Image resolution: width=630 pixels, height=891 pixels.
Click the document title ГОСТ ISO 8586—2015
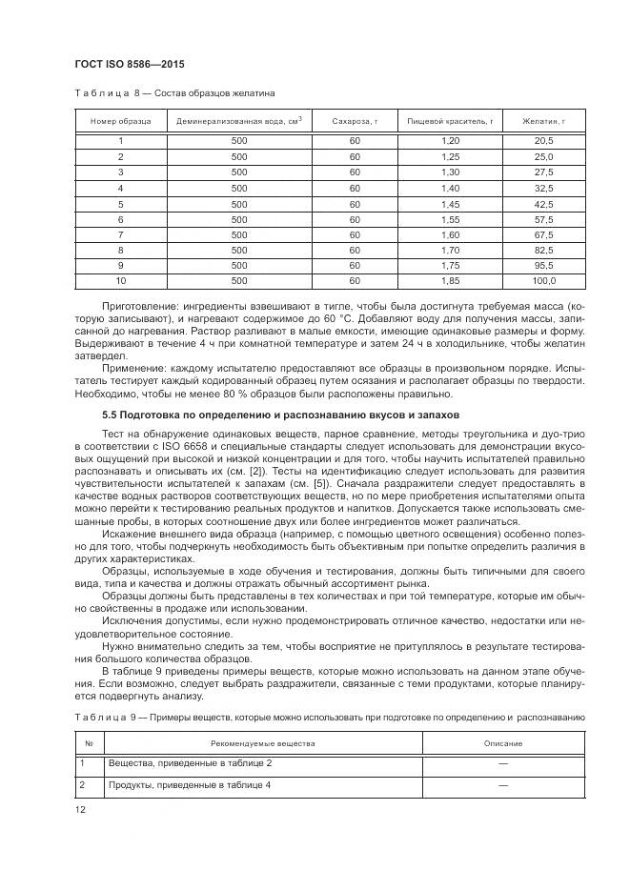(129, 64)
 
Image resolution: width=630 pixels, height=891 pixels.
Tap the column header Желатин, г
(543, 121)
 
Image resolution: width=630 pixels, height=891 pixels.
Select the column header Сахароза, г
(355, 121)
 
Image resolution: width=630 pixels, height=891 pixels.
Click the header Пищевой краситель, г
(450, 121)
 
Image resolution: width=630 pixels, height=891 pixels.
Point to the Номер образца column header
(120, 121)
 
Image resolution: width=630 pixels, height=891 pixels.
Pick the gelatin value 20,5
(543, 140)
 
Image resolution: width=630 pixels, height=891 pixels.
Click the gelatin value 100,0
(543, 281)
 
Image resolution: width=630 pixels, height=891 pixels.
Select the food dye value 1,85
(450, 281)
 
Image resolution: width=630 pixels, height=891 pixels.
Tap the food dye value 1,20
(450, 140)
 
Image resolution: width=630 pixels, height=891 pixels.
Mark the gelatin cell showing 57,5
(543, 218)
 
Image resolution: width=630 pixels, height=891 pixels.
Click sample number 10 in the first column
(120, 281)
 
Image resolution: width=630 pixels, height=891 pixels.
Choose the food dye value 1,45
(450, 203)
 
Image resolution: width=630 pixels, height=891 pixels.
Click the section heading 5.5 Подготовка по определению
(280, 415)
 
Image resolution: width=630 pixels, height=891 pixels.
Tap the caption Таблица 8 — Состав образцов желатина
(174, 93)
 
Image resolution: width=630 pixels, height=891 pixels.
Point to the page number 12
(80, 808)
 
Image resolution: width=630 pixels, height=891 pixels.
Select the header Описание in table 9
(502, 743)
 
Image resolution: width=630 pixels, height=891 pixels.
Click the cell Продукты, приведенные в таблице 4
(189, 784)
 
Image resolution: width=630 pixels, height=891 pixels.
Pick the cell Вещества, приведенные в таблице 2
(190, 763)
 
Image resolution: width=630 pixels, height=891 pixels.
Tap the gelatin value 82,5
(543, 250)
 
